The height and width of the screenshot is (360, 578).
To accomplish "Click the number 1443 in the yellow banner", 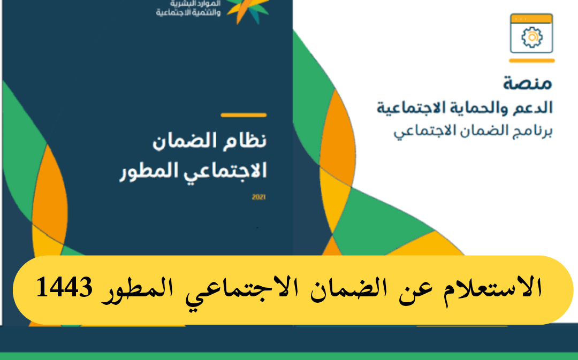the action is [65, 287].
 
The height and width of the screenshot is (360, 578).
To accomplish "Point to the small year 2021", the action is [259, 197].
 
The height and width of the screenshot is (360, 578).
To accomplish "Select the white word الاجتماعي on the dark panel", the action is [225, 172].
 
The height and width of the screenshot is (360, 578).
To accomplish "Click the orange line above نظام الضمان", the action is [244, 115].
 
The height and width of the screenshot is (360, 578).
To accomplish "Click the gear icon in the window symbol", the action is [531, 37].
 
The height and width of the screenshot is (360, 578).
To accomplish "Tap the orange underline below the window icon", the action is [531, 61].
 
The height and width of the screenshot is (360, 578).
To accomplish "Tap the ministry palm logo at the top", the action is [248, 11].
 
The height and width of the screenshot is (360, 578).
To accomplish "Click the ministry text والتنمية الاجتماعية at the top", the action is [188, 13].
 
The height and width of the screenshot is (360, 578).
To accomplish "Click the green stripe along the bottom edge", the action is [289, 356].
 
